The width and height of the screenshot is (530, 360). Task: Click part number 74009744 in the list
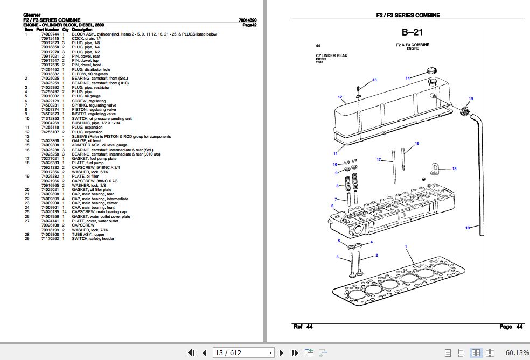[x=50, y=34]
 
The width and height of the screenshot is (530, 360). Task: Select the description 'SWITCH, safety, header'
[x=92, y=238]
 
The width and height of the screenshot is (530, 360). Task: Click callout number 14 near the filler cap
[x=408, y=79]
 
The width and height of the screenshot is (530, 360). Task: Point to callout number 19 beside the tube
[x=468, y=228]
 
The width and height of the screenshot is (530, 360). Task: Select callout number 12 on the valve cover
[x=340, y=97]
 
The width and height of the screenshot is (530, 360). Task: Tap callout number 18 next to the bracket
[x=454, y=169]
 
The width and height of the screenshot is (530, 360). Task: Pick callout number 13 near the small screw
[x=374, y=80]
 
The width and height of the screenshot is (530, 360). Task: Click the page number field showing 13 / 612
[x=243, y=352]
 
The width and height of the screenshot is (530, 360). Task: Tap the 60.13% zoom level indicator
[x=517, y=352]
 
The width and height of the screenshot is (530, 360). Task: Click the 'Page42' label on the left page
[x=249, y=25]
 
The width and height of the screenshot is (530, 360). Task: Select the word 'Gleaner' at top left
[x=32, y=15]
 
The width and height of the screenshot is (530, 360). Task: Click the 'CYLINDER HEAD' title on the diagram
[x=332, y=55]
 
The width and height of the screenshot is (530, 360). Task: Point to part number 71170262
[x=50, y=238]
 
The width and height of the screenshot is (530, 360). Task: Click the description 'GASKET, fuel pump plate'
[x=94, y=159]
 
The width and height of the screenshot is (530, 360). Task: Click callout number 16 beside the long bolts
[x=416, y=144]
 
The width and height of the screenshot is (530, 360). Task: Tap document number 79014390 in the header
[x=247, y=20]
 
